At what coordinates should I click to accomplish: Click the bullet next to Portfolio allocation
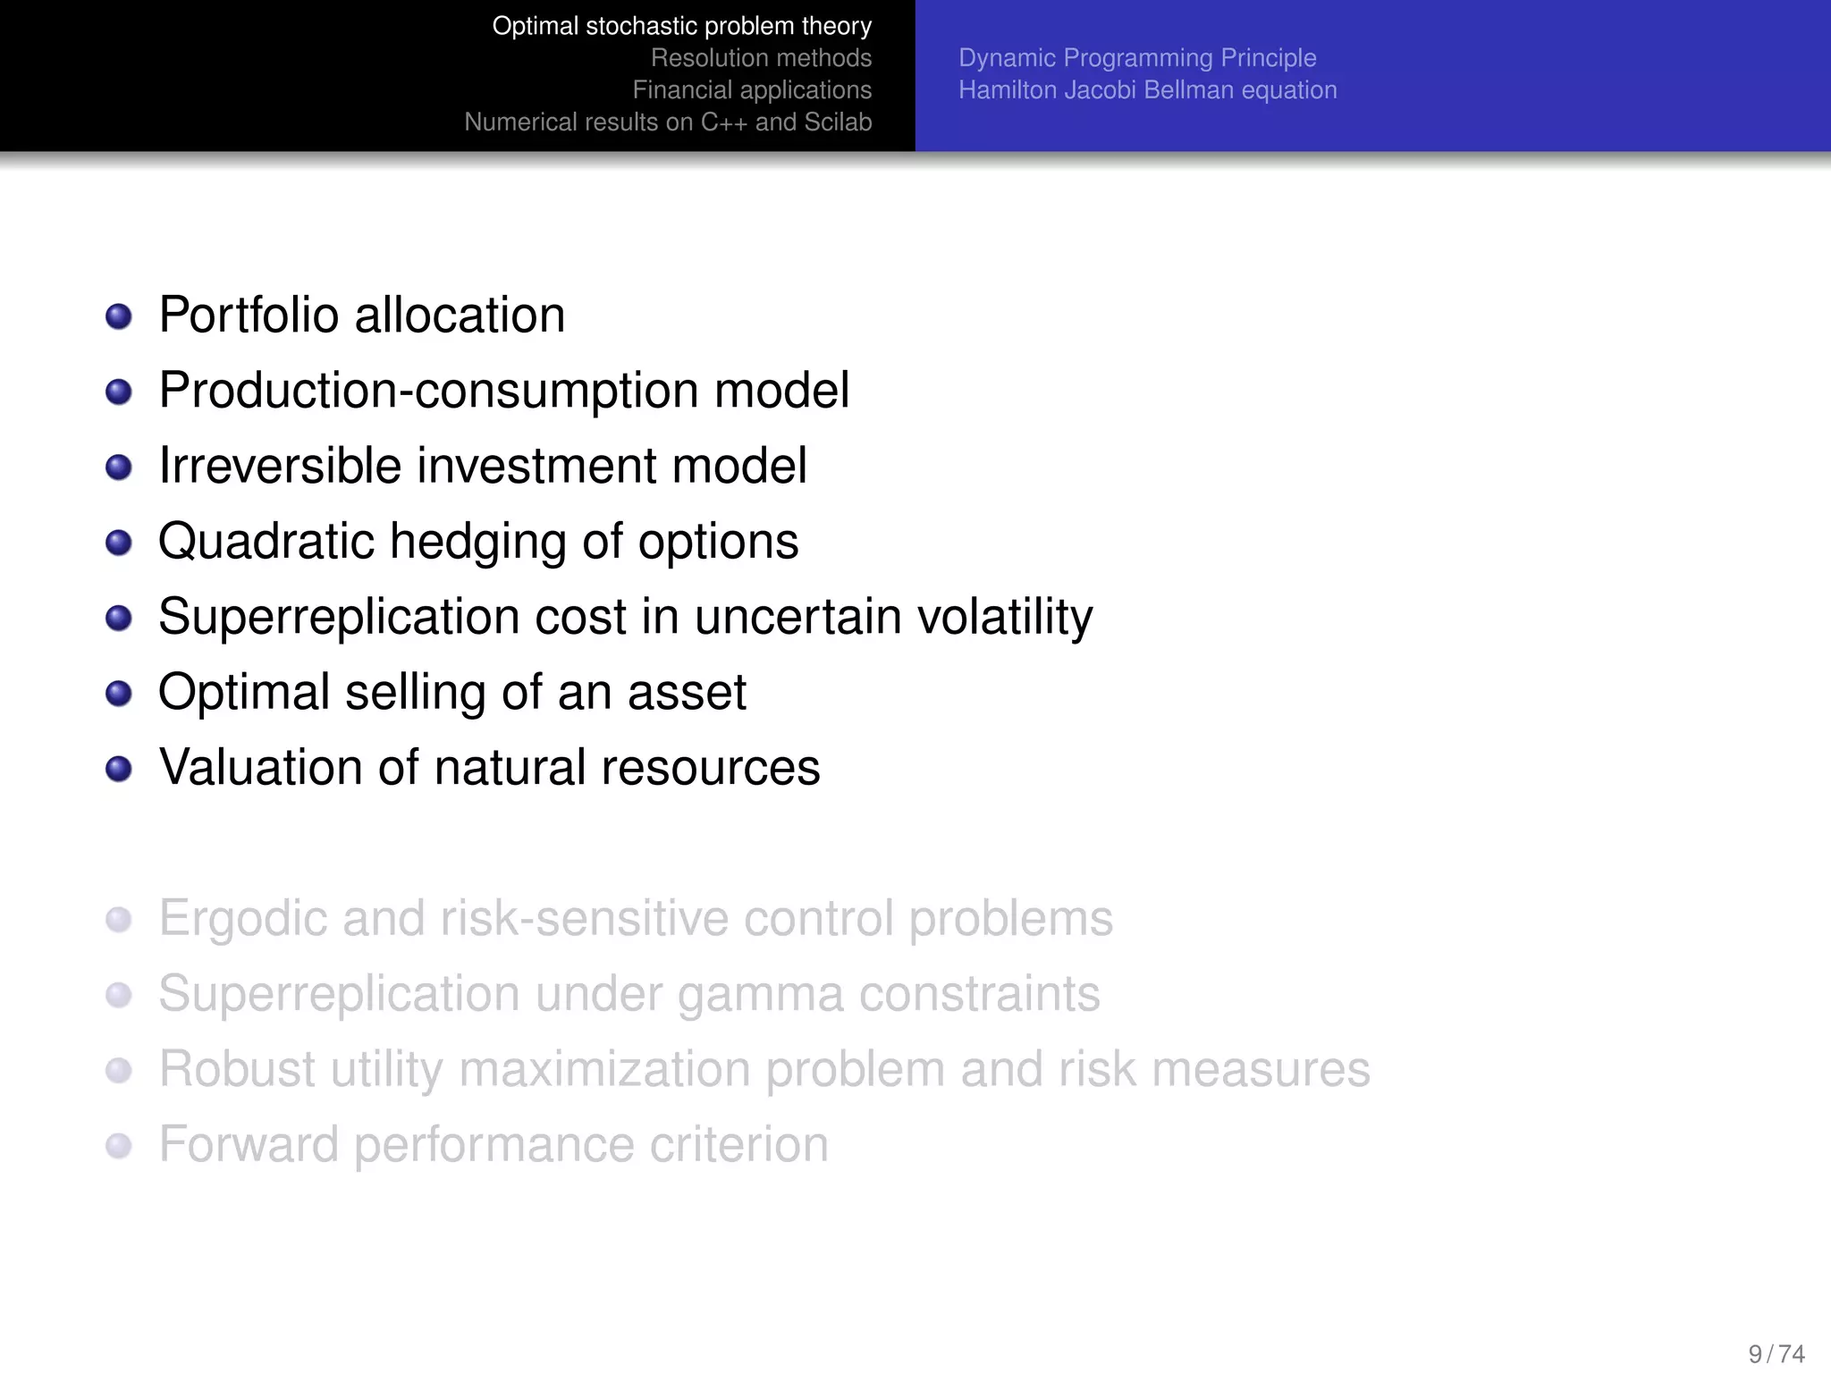tap(119, 316)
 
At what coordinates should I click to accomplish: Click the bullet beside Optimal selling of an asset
tap(119, 694)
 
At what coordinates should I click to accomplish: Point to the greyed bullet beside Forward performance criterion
tap(119, 1146)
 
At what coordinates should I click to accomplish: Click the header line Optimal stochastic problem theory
tap(681, 26)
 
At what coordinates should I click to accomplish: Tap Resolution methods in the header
tap(761, 58)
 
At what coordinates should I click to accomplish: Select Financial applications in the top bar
tap(752, 90)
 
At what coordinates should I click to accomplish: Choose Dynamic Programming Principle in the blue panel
tap(1137, 58)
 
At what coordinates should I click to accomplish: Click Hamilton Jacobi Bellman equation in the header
tap(1147, 90)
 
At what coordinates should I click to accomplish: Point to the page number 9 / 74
tap(1776, 1353)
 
